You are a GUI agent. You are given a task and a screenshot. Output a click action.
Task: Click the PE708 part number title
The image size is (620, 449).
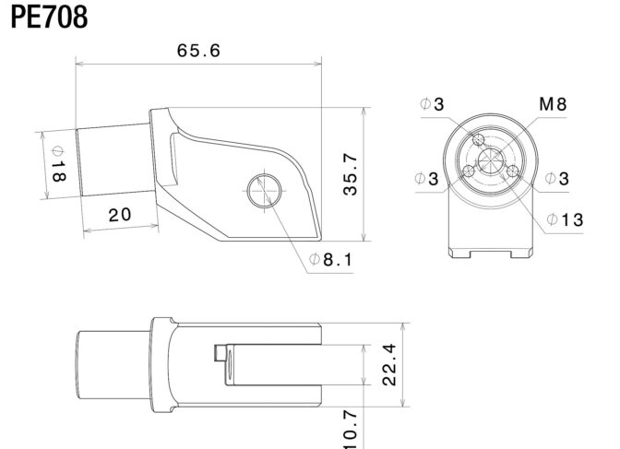(49, 18)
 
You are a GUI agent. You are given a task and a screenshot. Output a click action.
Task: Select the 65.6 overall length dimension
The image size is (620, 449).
(198, 51)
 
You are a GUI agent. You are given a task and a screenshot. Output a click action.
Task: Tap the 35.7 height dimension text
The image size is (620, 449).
(351, 174)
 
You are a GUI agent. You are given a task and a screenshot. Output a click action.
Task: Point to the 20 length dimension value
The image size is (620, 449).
(120, 215)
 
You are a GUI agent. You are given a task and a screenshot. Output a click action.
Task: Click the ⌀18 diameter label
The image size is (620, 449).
(58, 164)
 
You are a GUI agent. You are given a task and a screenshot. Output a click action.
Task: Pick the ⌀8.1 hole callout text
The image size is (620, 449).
(330, 260)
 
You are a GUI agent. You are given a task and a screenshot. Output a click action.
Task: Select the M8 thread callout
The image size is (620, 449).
(553, 104)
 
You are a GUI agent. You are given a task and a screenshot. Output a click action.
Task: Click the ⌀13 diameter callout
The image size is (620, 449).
(565, 219)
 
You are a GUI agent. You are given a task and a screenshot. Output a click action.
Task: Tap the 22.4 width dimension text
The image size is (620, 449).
(389, 364)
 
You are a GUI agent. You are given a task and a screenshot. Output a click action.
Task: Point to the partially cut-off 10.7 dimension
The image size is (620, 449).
(351, 430)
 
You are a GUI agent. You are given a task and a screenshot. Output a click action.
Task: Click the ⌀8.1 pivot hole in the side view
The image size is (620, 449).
(265, 191)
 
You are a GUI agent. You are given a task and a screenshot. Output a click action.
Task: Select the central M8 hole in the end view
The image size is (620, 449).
(490, 160)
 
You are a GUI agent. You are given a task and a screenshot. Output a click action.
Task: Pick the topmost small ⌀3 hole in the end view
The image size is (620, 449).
(479, 139)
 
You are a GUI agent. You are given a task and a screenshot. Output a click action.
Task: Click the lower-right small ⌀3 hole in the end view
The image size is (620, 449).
(512, 171)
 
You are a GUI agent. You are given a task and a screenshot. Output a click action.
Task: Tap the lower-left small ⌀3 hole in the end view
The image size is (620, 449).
(469, 171)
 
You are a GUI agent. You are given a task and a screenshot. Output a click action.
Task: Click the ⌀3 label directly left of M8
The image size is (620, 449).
(432, 104)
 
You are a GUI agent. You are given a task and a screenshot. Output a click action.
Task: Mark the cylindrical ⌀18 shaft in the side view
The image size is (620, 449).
(113, 160)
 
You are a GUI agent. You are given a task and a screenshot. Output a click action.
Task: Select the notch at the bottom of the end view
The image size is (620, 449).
(490, 254)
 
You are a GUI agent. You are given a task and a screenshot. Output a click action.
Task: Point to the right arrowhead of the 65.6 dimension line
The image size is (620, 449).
(318, 64)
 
